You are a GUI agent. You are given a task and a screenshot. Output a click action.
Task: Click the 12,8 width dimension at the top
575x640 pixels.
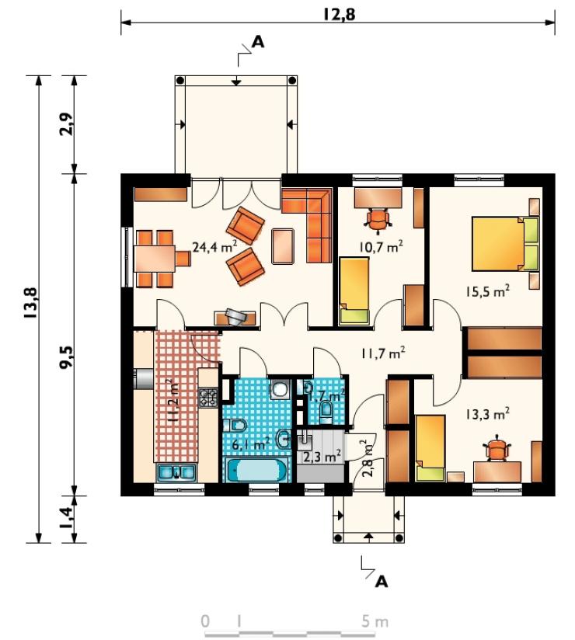tap(340, 14)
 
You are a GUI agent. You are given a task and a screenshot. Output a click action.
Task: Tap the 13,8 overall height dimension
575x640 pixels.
tap(31, 303)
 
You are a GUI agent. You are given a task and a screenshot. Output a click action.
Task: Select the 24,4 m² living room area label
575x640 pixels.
tap(214, 246)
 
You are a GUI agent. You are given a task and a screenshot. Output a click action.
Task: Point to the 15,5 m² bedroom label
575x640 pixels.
tap(487, 291)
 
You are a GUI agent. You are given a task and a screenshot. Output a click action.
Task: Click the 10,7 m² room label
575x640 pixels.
tap(381, 246)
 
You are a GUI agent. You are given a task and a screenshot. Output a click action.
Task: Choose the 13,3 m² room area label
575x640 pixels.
tap(487, 415)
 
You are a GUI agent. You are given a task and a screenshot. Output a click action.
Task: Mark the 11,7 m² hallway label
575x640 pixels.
tap(382, 353)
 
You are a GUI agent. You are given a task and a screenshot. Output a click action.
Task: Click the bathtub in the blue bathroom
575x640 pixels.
tap(257, 470)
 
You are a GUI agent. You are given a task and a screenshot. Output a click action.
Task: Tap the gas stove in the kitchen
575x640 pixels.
tap(208, 397)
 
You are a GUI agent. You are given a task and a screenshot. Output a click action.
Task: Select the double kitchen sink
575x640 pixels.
tap(176, 472)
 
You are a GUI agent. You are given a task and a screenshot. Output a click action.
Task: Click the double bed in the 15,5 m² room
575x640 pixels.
tap(506, 244)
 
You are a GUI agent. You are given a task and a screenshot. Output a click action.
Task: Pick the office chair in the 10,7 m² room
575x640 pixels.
tap(378, 221)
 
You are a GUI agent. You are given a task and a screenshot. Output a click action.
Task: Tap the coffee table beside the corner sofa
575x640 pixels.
tap(283, 246)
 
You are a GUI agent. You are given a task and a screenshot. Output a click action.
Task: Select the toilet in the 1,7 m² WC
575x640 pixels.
tap(326, 411)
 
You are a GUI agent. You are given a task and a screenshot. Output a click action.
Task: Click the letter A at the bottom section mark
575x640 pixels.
tap(381, 581)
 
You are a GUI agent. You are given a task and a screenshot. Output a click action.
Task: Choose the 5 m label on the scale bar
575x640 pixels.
tap(375, 621)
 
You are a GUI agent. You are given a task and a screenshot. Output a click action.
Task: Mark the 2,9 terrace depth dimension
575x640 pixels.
tap(68, 123)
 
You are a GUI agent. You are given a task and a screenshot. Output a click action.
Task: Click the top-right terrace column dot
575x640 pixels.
tap(292, 81)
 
